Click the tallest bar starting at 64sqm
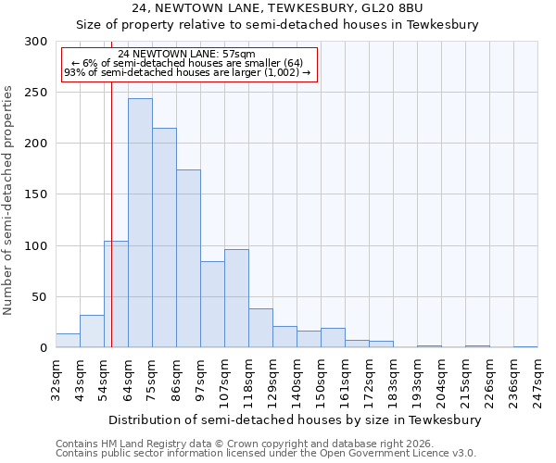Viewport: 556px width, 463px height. pyautogui.click(x=140, y=223)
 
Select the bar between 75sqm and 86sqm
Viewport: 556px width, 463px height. pyautogui.click(x=164, y=238)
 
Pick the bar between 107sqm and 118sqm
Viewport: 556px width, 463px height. pyautogui.click(x=236, y=298)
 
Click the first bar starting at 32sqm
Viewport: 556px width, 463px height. pyautogui.click(x=68, y=340)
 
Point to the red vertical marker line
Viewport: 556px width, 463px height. pyautogui.click(x=111, y=213)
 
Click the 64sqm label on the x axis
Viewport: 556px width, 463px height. pyautogui.click(x=128, y=380)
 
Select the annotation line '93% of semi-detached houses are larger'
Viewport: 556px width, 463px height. pyautogui.click(x=187, y=72)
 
